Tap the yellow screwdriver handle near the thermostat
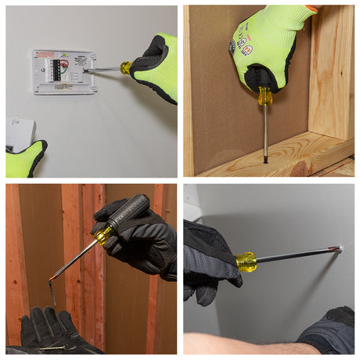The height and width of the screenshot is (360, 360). (125, 68)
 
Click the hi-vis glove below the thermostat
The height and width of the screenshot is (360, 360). (27, 160)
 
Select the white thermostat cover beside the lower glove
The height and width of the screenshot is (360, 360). (19, 133)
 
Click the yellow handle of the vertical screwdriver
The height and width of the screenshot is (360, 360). (265, 95)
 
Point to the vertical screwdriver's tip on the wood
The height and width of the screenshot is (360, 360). (265, 160)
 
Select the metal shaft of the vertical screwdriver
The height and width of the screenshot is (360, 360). (265, 133)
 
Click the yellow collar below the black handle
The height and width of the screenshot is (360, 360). (103, 234)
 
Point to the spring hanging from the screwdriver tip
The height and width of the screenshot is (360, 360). (53, 293)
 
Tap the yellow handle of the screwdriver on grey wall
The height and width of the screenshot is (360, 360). (246, 261)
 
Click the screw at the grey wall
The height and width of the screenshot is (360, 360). (339, 249)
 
